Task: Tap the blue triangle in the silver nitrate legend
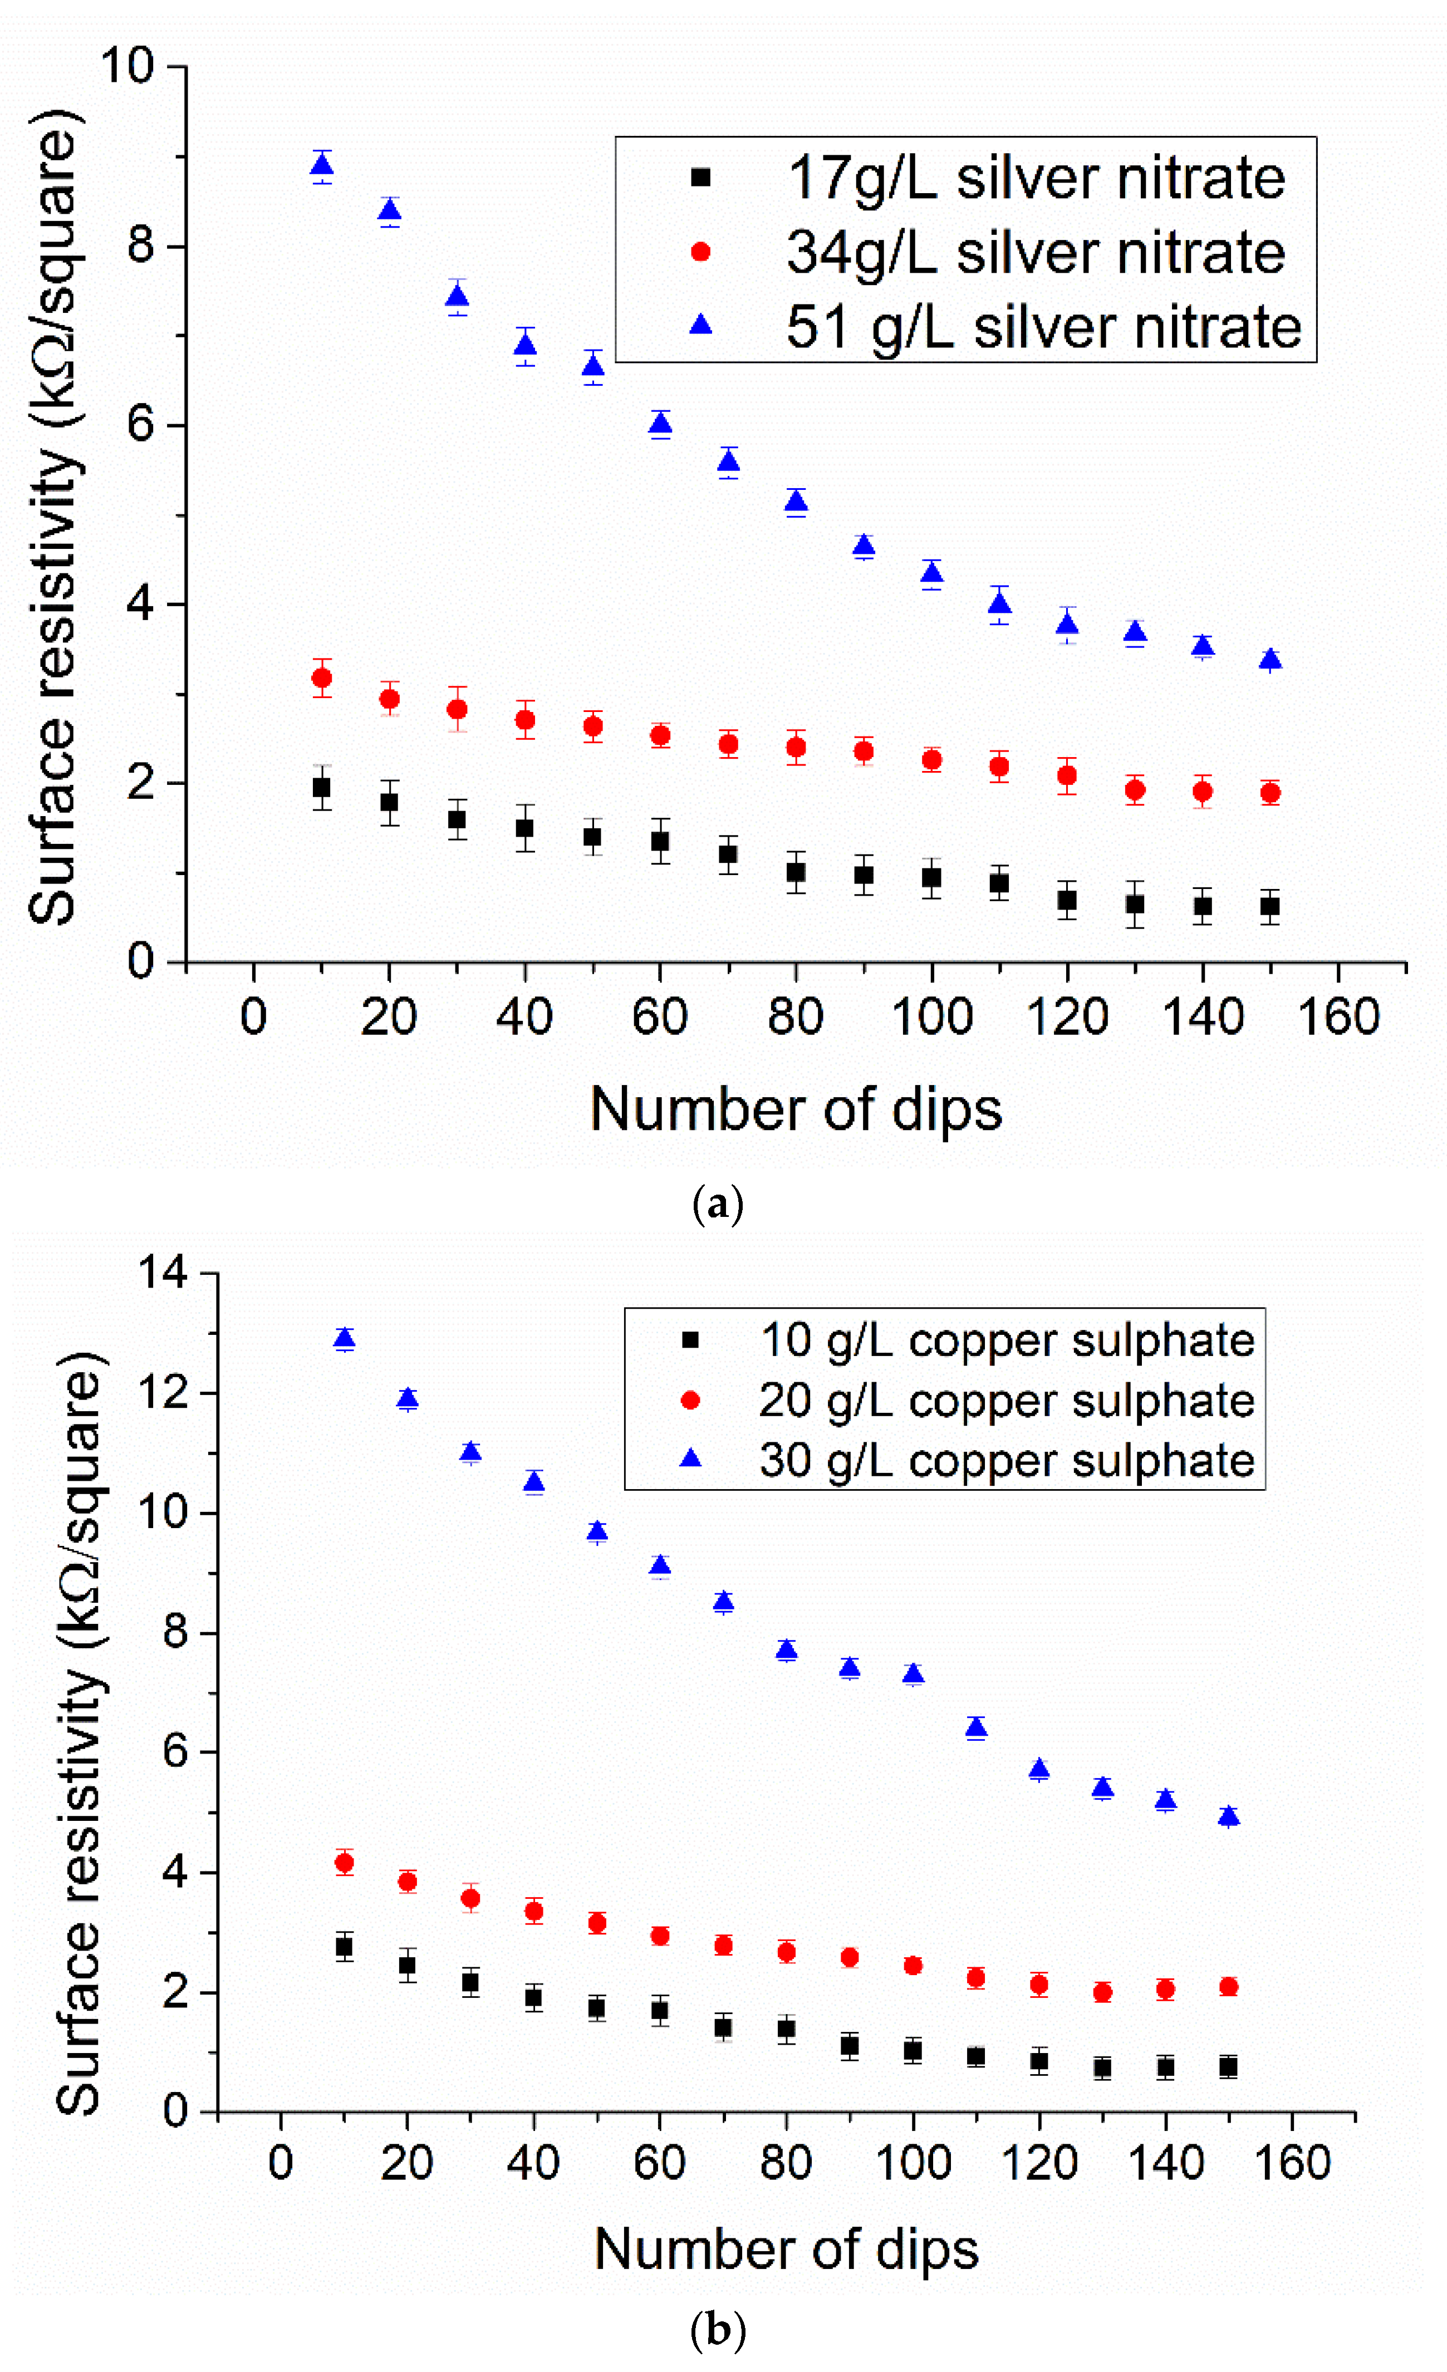pos(701,326)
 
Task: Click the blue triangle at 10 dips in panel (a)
pos(322,165)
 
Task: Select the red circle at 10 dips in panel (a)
pos(322,677)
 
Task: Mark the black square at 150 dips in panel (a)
pos(1270,906)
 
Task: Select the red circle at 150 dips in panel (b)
pos(1228,1987)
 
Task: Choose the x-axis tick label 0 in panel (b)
pos(280,2162)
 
